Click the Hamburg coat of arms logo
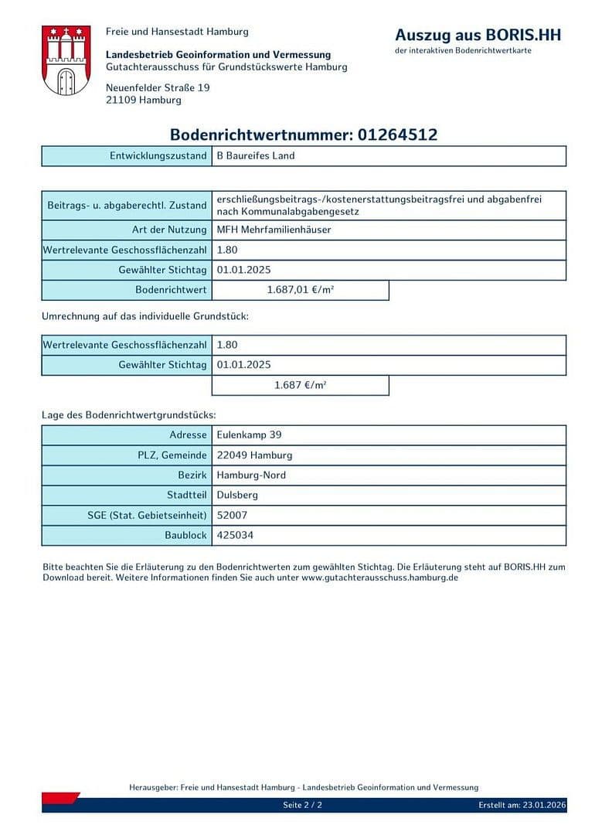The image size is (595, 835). pyautogui.click(x=66, y=60)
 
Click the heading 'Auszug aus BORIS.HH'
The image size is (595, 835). pyautogui.click(x=478, y=35)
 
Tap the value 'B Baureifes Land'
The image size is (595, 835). pyautogui.click(x=256, y=155)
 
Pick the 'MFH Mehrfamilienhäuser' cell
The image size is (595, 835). pyautogui.click(x=274, y=230)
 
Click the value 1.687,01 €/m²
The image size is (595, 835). pyautogui.click(x=300, y=290)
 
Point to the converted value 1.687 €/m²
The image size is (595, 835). pyautogui.click(x=300, y=384)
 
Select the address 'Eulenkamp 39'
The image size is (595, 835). pyautogui.click(x=249, y=435)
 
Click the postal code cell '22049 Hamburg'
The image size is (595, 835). pyautogui.click(x=254, y=455)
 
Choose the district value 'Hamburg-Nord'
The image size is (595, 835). pyautogui.click(x=251, y=475)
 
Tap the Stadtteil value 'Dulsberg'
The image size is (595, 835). pyautogui.click(x=237, y=495)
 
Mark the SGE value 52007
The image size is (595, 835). pyautogui.click(x=232, y=515)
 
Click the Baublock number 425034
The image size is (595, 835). pyautogui.click(x=235, y=535)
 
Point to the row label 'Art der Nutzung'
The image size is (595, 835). pyautogui.click(x=169, y=230)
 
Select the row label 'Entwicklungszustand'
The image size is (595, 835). pyautogui.click(x=158, y=155)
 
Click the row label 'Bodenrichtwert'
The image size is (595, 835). pyautogui.click(x=171, y=290)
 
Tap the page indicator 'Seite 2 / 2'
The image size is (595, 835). pyautogui.click(x=302, y=805)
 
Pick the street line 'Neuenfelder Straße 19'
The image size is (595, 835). pyautogui.click(x=158, y=87)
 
